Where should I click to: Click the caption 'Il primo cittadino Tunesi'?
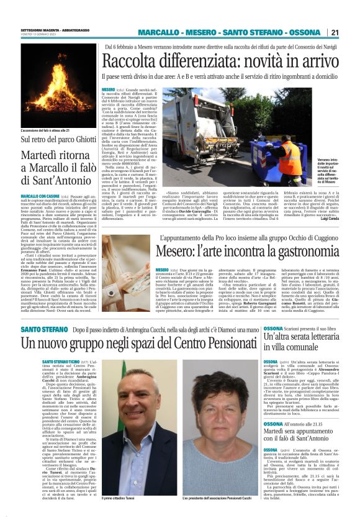point(119,516)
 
